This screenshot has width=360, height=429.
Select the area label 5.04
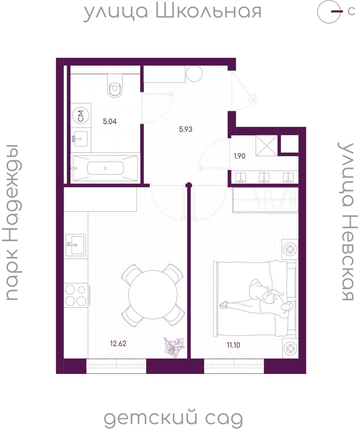[x=110, y=122]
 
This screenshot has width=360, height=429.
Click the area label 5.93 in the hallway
[x=186, y=129]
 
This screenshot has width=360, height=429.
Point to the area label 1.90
[x=240, y=156]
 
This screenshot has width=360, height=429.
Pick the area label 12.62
[x=118, y=343]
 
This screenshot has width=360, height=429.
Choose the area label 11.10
[x=233, y=345]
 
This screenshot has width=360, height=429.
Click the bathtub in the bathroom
[x=105, y=168]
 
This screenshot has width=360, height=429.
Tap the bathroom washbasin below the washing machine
[x=80, y=139]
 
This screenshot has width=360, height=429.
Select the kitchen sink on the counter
[x=76, y=245]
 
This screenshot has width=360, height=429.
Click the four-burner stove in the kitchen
[x=76, y=295]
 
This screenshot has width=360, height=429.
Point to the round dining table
[x=153, y=295]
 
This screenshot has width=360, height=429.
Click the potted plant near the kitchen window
[x=174, y=348]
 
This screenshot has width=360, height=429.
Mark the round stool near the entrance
[x=194, y=73]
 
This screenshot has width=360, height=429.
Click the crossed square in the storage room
[x=266, y=145]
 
